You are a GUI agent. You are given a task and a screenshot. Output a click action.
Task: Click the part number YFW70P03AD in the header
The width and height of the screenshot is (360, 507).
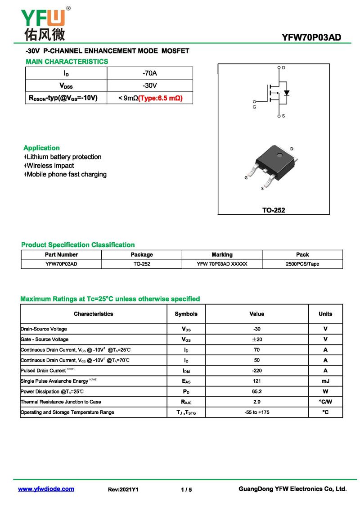click(x=311, y=37)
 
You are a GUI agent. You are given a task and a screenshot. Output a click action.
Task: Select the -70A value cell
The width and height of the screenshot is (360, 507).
click(x=149, y=73)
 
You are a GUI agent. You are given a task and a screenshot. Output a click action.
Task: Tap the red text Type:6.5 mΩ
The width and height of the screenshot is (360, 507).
click(x=160, y=98)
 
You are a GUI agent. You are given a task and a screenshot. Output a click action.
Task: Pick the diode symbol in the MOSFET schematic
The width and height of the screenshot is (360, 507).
click(x=287, y=93)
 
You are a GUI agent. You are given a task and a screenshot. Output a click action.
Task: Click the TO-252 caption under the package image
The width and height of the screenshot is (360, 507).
click(x=274, y=210)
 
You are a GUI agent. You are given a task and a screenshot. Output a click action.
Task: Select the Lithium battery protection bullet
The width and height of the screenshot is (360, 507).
click(x=63, y=157)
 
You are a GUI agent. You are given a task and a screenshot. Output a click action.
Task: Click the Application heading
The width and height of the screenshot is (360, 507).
click(x=41, y=148)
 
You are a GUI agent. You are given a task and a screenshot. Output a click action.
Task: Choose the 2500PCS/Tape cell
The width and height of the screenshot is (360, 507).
click(x=302, y=264)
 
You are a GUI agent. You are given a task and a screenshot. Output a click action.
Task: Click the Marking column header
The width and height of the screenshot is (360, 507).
click(x=222, y=254)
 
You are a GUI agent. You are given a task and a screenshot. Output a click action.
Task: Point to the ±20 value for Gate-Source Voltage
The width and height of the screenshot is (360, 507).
click(x=257, y=340)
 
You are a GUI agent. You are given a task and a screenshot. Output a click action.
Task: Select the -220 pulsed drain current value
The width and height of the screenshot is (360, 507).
click(x=257, y=371)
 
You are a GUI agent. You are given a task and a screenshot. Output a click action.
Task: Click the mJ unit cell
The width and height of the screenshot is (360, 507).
click(x=325, y=381)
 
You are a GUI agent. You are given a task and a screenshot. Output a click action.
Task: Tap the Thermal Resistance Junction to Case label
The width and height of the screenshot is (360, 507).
click(x=61, y=402)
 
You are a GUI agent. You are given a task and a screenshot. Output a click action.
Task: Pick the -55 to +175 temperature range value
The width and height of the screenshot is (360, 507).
click(x=257, y=412)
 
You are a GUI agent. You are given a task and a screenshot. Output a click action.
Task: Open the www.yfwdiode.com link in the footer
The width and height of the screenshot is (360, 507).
click(x=46, y=489)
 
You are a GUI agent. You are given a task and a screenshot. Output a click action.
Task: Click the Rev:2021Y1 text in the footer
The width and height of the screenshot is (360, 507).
click(x=123, y=489)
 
